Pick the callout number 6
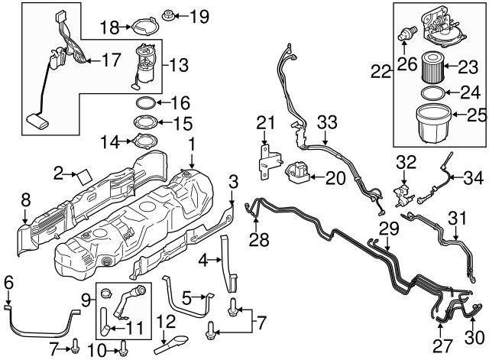coord(8,281)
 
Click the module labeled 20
coord(297,175)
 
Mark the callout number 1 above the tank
coord(193,143)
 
